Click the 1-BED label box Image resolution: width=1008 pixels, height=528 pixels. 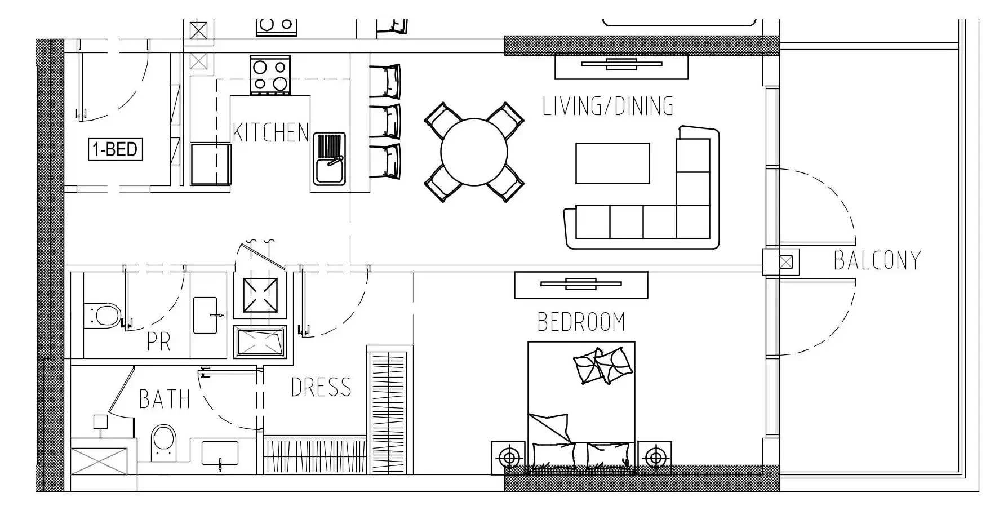point(115,149)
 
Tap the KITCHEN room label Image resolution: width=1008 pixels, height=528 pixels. point(271,133)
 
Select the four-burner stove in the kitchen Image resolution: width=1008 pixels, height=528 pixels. point(270,76)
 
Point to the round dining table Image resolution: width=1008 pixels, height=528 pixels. point(474,152)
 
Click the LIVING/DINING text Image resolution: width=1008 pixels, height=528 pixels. point(607,107)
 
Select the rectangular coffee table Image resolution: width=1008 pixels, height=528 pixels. point(612,163)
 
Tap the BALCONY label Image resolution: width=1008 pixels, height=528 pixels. point(877,260)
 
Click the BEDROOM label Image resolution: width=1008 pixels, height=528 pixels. point(581,322)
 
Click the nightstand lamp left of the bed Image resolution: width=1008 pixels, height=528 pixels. point(509,458)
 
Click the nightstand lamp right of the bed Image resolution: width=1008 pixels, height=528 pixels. point(654,458)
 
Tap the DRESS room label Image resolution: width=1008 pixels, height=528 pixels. point(321,388)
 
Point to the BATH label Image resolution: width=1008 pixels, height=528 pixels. point(165,399)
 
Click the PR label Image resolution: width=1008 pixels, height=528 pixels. point(158,341)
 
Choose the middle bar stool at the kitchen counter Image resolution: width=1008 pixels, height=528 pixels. point(386,121)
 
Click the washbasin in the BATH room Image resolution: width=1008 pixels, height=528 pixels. point(220,452)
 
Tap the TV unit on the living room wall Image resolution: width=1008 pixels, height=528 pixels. point(621,65)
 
